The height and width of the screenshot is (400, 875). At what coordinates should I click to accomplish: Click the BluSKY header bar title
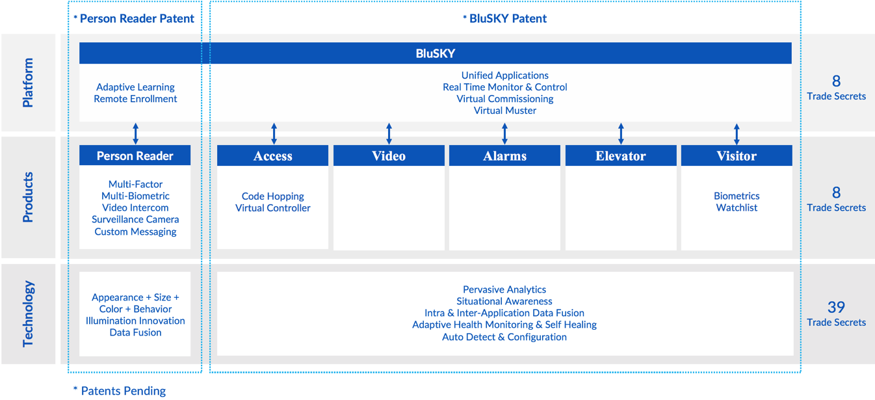[435, 53]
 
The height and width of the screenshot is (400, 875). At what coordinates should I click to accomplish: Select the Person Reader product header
[135, 155]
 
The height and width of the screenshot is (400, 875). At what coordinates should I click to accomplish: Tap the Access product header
[272, 156]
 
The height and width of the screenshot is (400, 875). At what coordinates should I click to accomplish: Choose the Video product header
[389, 156]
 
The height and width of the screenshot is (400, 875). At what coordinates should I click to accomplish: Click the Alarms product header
[504, 156]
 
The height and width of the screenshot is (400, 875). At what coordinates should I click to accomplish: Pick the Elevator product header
[620, 156]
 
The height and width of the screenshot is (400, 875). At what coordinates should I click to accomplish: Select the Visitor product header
[737, 156]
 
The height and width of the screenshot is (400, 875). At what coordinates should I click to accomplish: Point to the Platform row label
[28, 83]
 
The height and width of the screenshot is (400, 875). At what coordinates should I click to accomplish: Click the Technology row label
[28, 313]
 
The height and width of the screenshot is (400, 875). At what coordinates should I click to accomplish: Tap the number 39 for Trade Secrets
[836, 307]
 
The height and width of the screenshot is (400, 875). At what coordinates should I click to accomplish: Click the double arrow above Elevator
[621, 133]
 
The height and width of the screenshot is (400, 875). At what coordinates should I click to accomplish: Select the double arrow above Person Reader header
[135, 133]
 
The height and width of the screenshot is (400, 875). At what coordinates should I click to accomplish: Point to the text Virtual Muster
[504, 111]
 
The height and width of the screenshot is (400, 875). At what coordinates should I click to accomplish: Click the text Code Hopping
[272, 196]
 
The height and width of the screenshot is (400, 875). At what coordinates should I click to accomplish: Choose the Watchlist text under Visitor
[737, 207]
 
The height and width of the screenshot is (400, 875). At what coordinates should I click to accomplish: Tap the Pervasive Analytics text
[504, 289]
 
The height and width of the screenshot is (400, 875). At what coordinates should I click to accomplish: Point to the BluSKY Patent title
[504, 18]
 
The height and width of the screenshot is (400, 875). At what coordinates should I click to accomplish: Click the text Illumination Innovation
[135, 321]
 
